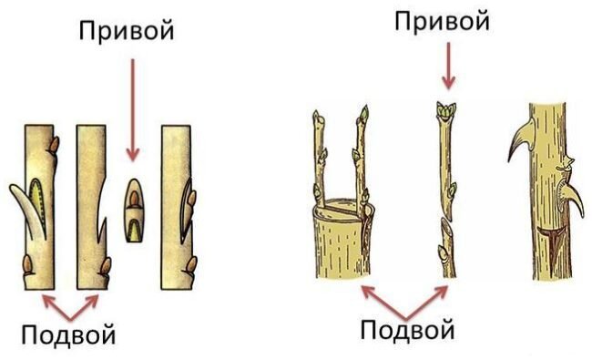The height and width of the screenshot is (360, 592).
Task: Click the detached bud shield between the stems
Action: coord(133,210)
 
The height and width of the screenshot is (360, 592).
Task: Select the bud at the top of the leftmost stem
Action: coord(56,144)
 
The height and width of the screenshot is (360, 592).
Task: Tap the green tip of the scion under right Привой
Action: coord(445,111)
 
